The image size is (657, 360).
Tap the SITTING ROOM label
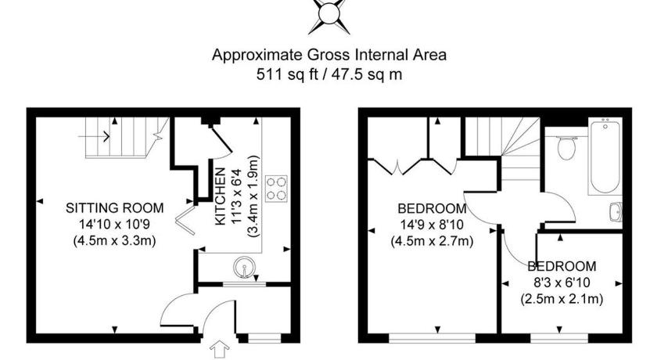114,208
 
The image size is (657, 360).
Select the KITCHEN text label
221,196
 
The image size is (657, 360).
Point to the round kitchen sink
244,268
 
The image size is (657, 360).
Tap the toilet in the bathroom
566,147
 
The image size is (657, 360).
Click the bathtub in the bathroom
605,157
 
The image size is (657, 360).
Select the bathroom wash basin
616,211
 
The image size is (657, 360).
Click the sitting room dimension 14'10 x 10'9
114,225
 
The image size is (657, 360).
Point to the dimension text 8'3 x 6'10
562,283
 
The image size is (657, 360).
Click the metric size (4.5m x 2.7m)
432,242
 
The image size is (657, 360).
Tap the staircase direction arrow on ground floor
94,136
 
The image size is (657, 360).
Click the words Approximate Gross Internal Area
329,55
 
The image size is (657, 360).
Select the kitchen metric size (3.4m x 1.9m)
253,196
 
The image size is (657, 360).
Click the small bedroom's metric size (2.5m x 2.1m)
562,300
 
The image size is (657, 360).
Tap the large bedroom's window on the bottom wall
432,338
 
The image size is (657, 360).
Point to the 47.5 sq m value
367,74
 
